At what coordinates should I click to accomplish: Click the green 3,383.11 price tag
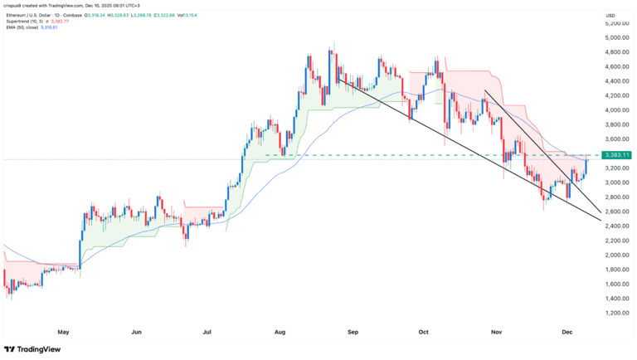pyautogui.click(x=617, y=155)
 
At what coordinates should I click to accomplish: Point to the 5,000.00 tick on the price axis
pyautogui.click(x=616, y=38)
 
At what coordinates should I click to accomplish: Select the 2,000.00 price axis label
pyautogui.click(x=616, y=255)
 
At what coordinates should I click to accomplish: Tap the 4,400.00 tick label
pyautogui.click(x=616, y=81)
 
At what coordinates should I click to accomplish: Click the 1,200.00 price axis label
pyautogui.click(x=616, y=313)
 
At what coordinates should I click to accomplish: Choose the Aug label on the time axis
pyautogui.click(x=280, y=331)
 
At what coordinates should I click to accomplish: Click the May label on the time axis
pyautogui.click(x=63, y=331)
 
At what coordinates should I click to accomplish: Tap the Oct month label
pyautogui.click(x=423, y=331)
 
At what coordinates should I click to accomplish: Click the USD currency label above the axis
pyautogui.click(x=610, y=16)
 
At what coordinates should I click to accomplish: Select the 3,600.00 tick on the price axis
pyautogui.click(x=616, y=139)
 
